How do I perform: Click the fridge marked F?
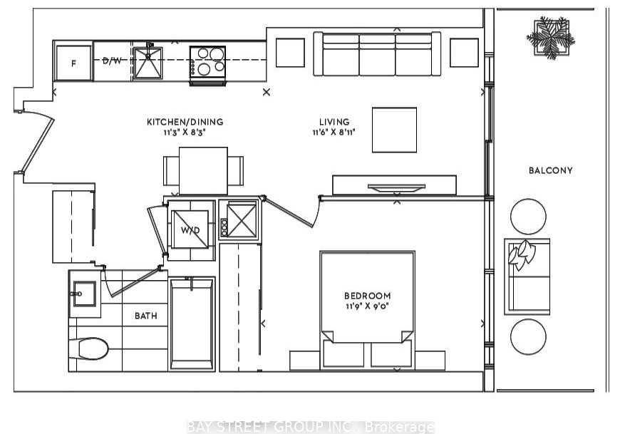coord(73,63)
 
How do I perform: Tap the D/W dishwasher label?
coord(113,61)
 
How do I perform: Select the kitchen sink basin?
coord(148,63)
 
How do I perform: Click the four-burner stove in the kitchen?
coord(207,65)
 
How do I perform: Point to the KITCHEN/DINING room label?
coord(185,122)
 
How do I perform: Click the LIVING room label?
coord(334,122)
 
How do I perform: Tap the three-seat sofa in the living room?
coord(377,53)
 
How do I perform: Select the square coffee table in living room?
coord(394,130)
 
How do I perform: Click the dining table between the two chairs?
coord(203,171)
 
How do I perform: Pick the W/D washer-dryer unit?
coord(190,229)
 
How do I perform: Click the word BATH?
coord(146,316)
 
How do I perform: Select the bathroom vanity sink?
coord(84,294)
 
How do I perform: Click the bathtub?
coord(192,324)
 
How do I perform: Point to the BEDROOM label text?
coord(367,296)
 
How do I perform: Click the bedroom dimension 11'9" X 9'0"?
coord(367,306)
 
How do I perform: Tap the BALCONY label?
coord(551,170)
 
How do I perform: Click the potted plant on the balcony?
coord(550,38)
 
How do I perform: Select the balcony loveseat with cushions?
coord(527,277)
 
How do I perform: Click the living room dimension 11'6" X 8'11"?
coord(334,132)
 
